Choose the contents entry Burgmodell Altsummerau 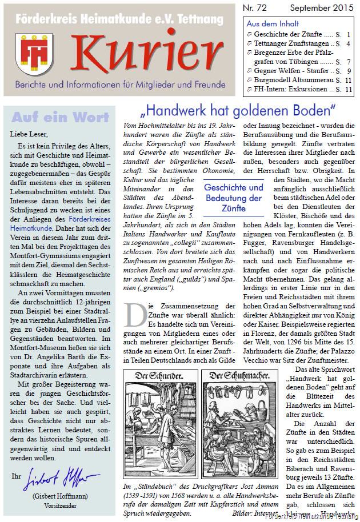293,80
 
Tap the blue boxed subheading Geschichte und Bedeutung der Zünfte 234,198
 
